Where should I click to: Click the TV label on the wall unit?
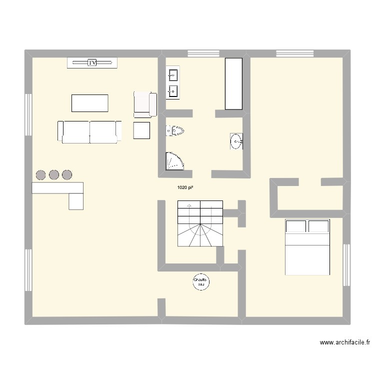pyautogui.click(x=92, y=62)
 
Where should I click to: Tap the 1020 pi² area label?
pyautogui.click(x=185, y=188)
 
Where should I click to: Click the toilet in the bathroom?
pyautogui.click(x=175, y=131)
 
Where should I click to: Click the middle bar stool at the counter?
pyautogui.click(x=54, y=174)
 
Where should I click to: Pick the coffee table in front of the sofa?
pyautogui.click(x=90, y=103)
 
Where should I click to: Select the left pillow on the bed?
pyautogui.click(x=295, y=226)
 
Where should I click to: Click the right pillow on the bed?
pyautogui.click(x=318, y=226)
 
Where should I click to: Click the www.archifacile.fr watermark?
pyautogui.click(x=344, y=343)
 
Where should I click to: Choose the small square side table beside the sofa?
pyautogui.click(x=141, y=130)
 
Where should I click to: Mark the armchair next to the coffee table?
pyautogui.click(x=145, y=104)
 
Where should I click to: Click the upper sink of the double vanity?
pyautogui.click(x=173, y=76)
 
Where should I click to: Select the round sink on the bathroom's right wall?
pyautogui.click(x=236, y=141)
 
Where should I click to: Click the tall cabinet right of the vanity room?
pyautogui.click(x=233, y=83)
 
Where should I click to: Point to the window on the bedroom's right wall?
pyautogui.click(x=346, y=265)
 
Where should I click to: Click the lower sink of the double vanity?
pyautogui.click(x=173, y=91)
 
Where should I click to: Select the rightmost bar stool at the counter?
pyautogui.click(x=67, y=174)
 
